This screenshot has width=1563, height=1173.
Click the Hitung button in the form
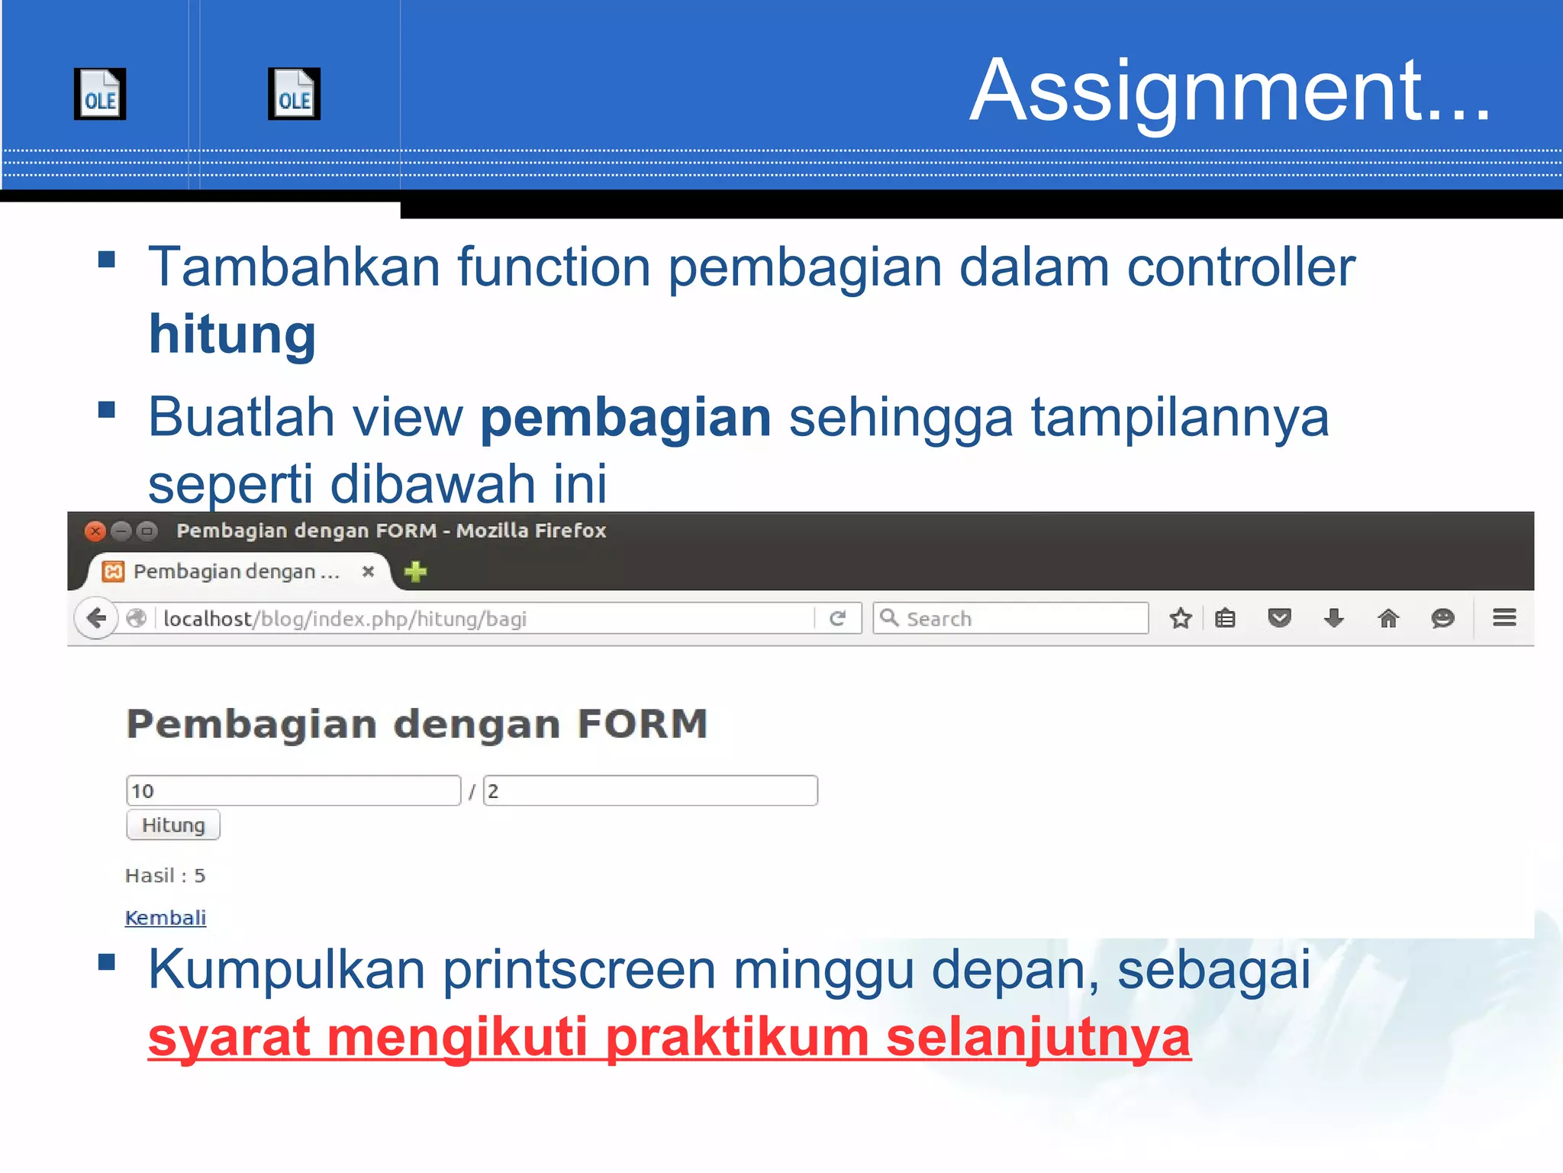173,825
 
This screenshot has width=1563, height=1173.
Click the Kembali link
166,917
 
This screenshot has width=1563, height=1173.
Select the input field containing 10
293,790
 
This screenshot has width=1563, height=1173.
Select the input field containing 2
650,790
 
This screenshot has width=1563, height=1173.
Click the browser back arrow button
97,618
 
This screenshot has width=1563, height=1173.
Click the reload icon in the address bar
837,618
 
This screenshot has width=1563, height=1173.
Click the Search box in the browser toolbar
1011,618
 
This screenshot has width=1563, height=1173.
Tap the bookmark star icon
1181,618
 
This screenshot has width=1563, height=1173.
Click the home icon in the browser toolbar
1388,618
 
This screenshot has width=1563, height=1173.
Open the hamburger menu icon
1504,617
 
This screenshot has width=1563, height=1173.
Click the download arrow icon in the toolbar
1334,618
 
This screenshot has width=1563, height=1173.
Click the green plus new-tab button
416,571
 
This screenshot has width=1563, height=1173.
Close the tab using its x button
368,571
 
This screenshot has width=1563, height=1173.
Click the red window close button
95,531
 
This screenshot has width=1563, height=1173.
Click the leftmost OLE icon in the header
100,94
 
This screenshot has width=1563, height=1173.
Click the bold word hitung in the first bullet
232,334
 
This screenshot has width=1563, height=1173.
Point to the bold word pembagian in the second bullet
626,418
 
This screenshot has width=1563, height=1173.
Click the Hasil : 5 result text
166,875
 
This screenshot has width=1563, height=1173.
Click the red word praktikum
737,1037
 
